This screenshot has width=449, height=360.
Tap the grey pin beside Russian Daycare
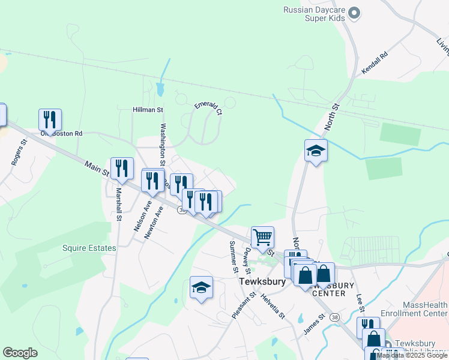pyautogui.click(x=354, y=12)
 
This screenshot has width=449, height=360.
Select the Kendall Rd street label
pyautogui.click(x=375, y=63)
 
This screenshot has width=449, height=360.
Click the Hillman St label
pyautogui.click(x=148, y=110)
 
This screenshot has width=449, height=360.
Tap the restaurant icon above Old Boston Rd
pyautogui.click(x=50, y=119)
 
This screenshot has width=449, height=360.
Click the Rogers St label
pyautogui.click(x=20, y=153)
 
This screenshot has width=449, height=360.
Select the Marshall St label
pyautogui.click(x=118, y=204)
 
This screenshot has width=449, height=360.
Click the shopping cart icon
pyautogui.click(x=262, y=237)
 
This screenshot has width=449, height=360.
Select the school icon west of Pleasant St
pyautogui.click(x=201, y=287)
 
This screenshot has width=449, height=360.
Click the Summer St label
pyautogui.click(x=233, y=255)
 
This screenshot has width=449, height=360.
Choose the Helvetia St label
pyautogui.click(x=272, y=306)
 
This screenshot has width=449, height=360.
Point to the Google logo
pyautogui.click(x=20, y=353)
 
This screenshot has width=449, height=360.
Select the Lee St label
pyautogui.click(x=360, y=302)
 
